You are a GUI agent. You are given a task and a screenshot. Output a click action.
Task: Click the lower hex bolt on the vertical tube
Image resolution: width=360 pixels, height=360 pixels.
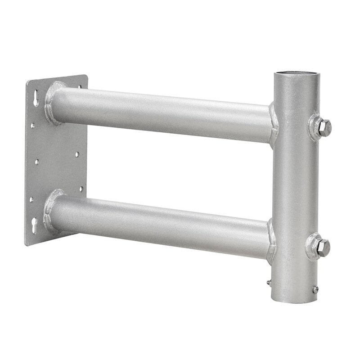[x=322, y=246]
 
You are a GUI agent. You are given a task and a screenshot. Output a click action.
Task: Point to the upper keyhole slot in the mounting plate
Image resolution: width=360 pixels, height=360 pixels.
[x=36, y=99]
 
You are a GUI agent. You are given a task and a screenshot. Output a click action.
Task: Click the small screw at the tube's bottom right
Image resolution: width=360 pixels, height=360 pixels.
[x=316, y=289]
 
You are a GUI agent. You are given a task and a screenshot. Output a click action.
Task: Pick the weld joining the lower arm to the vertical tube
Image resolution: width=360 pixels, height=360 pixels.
[x=271, y=241]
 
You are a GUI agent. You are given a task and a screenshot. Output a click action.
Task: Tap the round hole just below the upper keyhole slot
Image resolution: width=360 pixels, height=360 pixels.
[x=33, y=125]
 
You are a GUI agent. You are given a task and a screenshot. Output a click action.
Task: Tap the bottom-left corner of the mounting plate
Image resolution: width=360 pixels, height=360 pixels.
[x=27, y=244]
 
